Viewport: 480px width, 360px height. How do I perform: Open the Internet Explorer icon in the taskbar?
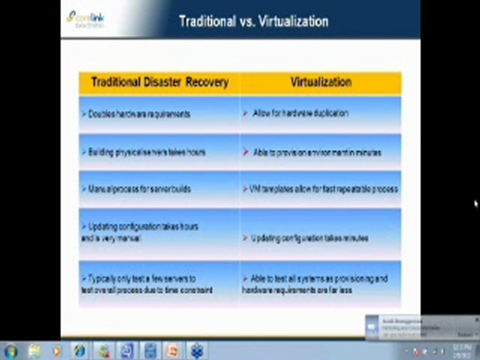[79, 351]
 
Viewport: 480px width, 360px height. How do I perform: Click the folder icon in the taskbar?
[34, 351]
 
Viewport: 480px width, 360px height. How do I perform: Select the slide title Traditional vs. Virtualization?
[253, 21]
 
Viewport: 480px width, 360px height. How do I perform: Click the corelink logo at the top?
[85, 18]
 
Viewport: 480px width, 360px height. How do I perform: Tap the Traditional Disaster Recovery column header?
[159, 82]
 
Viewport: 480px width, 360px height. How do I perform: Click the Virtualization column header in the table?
[320, 82]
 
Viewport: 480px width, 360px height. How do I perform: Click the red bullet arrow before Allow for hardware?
[245, 113]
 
